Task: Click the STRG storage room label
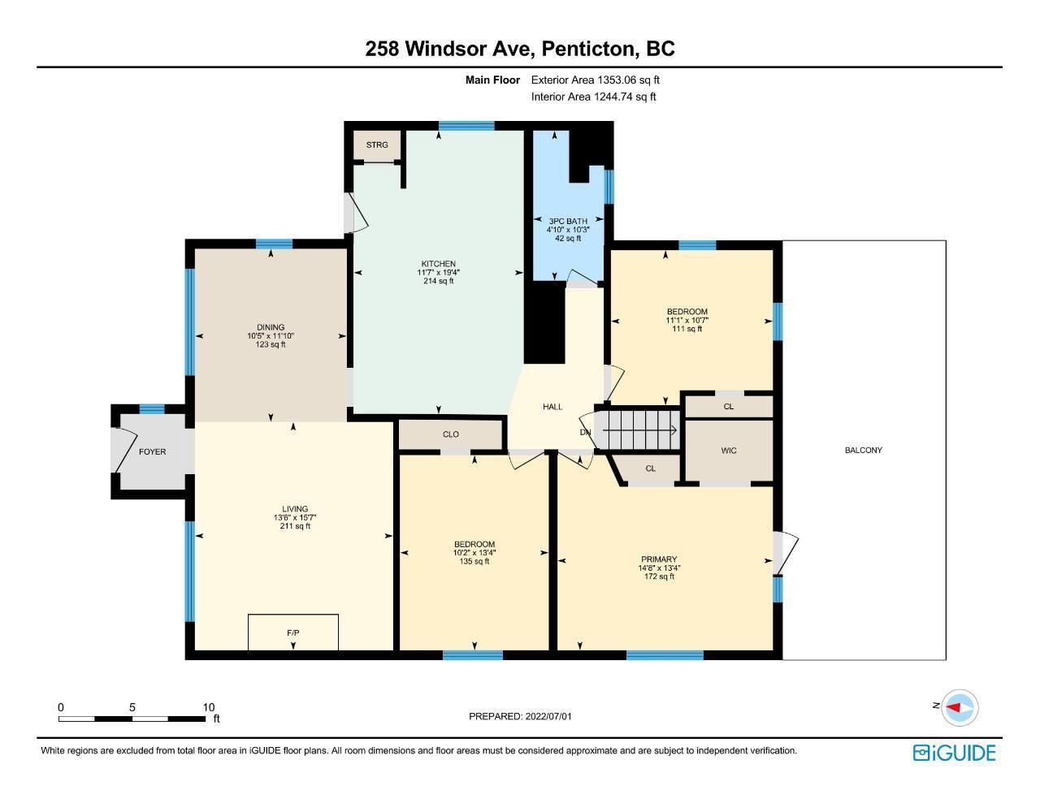(377, 145)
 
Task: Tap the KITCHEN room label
(439, 264)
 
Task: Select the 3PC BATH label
(568, 221)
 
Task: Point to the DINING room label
(271, 327)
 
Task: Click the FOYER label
(152, 451)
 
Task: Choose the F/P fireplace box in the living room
(293, 632)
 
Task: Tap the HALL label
(552, 407)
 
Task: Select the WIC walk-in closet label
(729, 451)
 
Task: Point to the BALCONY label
(864, 450)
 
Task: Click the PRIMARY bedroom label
(659, 559)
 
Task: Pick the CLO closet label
(451, 434)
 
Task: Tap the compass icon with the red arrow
(960, 707)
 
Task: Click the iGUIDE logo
(955, 753)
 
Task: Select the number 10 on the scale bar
(208, 707)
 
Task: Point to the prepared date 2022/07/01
(548, 716)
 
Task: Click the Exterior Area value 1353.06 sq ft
(627, 80)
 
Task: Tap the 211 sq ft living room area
(295, 526)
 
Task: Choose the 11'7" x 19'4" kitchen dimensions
(439, 272)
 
